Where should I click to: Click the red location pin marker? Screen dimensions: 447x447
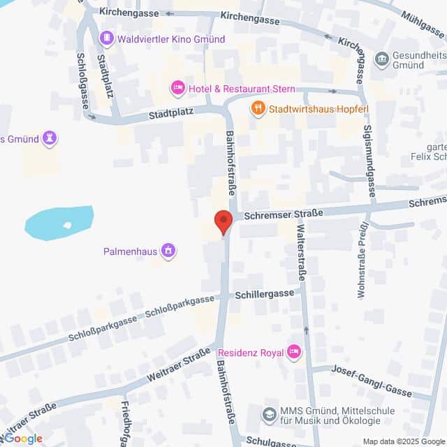(x=223, y=221)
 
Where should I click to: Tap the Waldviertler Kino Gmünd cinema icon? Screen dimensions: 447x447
(x=107, y=38)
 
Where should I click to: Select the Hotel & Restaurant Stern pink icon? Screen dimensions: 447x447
(x=177, y=88)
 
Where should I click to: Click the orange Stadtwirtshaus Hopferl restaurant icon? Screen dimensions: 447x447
(x=258, y=108)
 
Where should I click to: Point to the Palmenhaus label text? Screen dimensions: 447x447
(x=129, y=249)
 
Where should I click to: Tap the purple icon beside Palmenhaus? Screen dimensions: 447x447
(x=168, y=249)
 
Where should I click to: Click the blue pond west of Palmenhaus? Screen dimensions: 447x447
(x=59, y=222)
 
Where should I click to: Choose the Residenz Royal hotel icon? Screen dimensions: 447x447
(x=294, y=351)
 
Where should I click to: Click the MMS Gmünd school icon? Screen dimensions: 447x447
(x=269, y=415)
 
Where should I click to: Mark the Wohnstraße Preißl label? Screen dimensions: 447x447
(x=362, y=260)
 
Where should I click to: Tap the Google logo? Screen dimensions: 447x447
(x=22, y=439)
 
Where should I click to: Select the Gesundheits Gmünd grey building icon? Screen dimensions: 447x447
(x=381, y=59)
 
